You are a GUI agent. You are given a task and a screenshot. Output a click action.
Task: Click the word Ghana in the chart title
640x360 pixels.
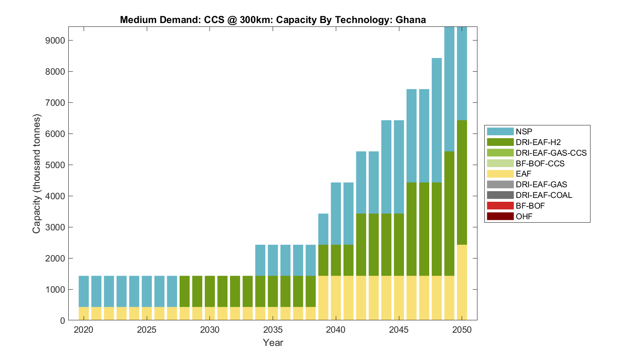click(x=410, y=20)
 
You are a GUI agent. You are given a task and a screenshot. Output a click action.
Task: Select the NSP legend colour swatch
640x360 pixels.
click(x=500, y=131)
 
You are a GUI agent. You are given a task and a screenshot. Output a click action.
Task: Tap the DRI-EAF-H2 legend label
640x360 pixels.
click(x=538, y=142)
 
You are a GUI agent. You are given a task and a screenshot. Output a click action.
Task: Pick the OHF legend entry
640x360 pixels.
click(x=524, y=216)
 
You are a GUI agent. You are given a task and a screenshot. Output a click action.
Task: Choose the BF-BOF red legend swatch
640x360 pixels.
click(x=500, y=206)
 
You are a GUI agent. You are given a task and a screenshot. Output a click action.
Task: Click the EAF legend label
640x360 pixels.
click(x=524, y=174)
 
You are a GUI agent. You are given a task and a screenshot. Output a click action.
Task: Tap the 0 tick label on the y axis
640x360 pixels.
click(x=63, y=321)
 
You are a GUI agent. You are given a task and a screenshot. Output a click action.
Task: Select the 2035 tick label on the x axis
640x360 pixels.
click(x=273, y=330)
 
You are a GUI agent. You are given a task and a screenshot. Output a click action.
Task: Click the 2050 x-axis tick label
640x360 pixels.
click(x=462, y=330)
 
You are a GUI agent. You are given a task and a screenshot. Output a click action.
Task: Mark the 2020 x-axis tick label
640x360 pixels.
click(x=84, y=330)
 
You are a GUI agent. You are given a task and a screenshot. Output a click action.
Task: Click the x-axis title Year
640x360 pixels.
click(x=273, y=343)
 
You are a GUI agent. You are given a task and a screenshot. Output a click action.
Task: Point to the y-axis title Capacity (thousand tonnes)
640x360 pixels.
click(x=37, y=174)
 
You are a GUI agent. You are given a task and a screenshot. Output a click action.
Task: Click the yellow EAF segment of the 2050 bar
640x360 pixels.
click(x=462, y=282)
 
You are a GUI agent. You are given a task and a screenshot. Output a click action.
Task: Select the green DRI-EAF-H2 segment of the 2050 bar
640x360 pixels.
click(x=462, y=183)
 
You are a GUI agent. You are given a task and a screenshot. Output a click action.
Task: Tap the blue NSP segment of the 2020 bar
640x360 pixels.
click(x=84, y=291)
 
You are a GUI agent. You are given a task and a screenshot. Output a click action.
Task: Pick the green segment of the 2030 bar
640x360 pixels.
click(x=210, y=291)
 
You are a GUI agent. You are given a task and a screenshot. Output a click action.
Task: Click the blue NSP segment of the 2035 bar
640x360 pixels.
click(x=273, y=260)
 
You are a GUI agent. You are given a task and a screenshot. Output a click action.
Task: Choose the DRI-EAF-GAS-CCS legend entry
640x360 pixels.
click(x=551, y=153)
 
